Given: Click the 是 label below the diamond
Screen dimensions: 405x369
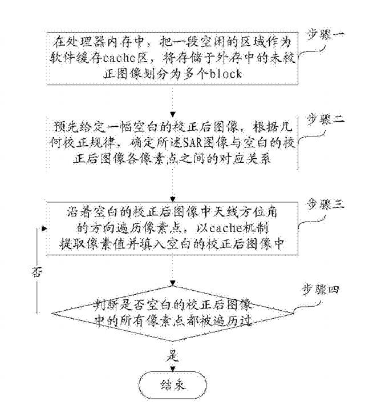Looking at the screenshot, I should click(x=173, y=356).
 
